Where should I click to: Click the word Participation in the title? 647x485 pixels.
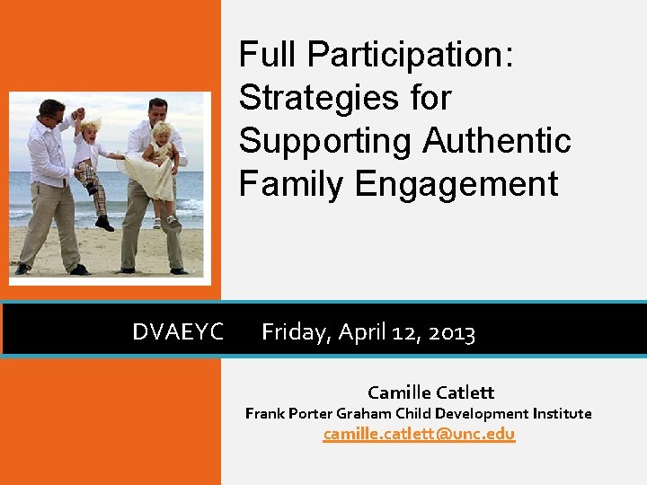click(411, 56)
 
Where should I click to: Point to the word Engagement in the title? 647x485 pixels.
click(456, 184)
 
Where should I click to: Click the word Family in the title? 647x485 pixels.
click(292, 184)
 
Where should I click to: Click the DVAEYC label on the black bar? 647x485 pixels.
click(178, 332)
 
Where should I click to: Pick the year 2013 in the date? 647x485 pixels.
click(452, 333)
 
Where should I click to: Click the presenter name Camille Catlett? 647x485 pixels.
click(430, 392)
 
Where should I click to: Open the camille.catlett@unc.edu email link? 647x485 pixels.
click(419, 435)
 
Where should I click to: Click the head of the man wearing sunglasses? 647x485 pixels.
click(51, 111)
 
